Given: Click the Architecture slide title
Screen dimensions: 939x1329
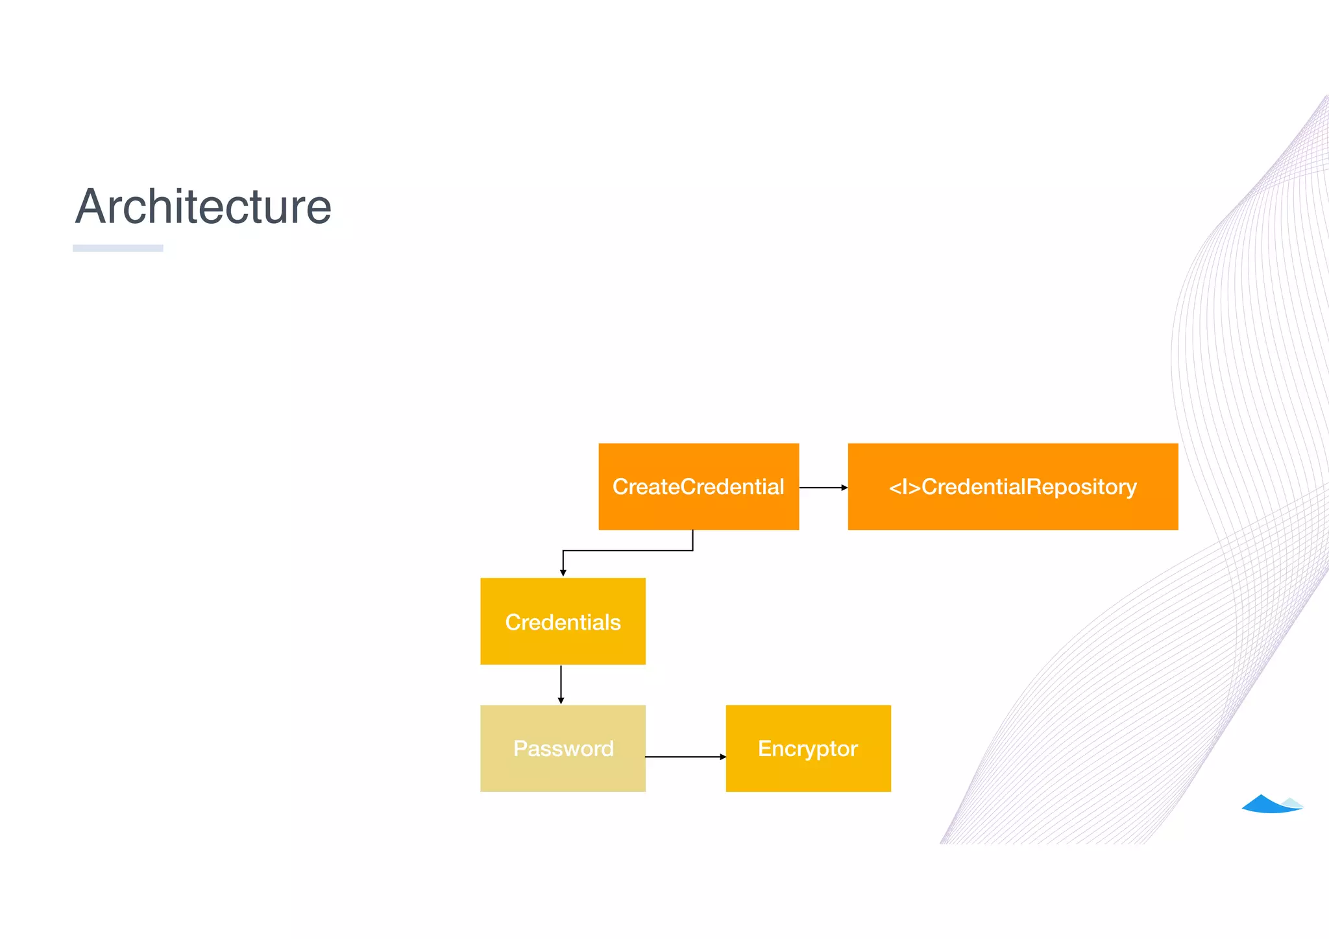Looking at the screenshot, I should (x=203, y=207).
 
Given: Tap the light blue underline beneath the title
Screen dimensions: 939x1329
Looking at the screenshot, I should (x=117, y=248).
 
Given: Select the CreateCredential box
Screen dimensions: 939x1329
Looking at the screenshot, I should (x=698, y=486).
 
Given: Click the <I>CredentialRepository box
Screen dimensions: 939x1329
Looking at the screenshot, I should (x=1012, y=486).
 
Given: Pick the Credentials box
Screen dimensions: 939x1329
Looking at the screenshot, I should (x=563, y=621).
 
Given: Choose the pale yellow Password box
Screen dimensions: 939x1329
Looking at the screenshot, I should (x=563, y=748).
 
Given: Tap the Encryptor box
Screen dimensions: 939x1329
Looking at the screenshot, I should (x=808, y=748).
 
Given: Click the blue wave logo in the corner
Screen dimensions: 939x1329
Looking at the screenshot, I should (x=1271, y=804).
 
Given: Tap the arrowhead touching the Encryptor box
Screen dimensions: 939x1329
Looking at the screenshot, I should (x=723, y=757).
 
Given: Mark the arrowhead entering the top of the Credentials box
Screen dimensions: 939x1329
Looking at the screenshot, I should (x=563, y=573).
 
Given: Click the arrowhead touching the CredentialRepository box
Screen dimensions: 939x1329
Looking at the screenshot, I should (x=844, y=488).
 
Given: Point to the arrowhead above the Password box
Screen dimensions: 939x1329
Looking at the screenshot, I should (x=561, y=700).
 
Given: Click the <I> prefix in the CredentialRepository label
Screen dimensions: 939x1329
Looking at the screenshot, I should (x=904, y=487).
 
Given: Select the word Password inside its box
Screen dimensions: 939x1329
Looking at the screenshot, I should (x=563, y=749).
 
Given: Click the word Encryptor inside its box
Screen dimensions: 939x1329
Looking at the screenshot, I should (x=808, y=749).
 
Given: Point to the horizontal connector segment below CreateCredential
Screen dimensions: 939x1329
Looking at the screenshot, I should (x=628, y=551).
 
